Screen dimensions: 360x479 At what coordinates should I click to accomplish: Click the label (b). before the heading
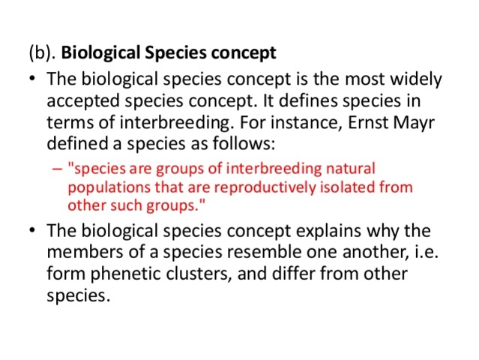coord(42,54)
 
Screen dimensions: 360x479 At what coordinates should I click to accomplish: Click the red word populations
coord(101,187)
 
